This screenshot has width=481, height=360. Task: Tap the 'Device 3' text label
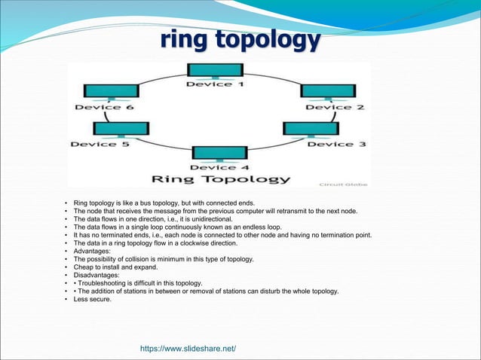[335, 143]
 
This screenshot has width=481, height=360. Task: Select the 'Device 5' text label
[100, 144]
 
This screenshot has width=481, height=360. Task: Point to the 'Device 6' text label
[103, 107]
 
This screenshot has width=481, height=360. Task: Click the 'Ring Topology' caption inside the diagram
[221, 179]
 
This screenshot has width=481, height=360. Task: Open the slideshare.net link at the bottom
[188, 348]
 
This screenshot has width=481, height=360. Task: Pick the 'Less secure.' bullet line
[92, 299]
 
